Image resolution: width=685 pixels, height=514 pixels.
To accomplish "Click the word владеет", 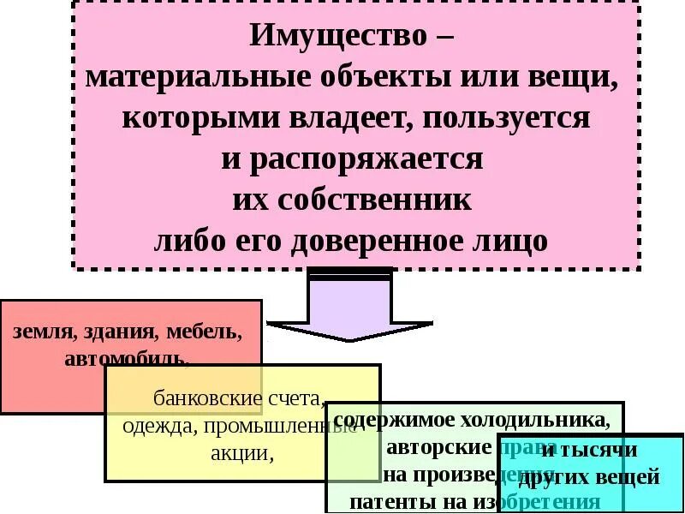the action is click(x=349, y=118).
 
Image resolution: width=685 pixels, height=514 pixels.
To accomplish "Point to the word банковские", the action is click(x=205, y=399).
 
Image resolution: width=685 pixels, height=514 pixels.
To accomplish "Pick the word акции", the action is click(x=241, y=453).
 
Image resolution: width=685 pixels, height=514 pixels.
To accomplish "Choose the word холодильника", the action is click(x=539, y=421).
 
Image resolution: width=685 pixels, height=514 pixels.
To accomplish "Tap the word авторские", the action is click(x=438, y=448).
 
